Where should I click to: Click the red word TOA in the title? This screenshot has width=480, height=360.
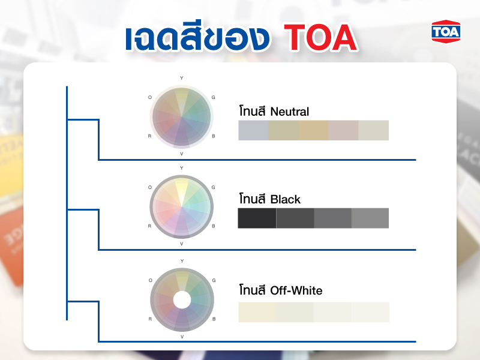pyautogui.click(x=321, y=38)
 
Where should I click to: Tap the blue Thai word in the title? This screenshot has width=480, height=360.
pyautogui.click(x=196, y=38)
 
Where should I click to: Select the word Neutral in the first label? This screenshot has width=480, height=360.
pyautogui.click(x=290, y=112)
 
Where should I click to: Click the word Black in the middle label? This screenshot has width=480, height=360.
pyautogui.click(x=286, y=199)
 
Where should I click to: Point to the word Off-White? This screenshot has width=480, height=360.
pyautogui.click(x=296, y=290)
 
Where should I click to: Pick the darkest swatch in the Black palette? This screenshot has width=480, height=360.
pyautogui.click(x=257, y=218)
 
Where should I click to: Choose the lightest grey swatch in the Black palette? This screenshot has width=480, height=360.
pyautogui.click(x=370, y=218)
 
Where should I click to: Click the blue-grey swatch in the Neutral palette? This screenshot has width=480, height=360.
pyautogui.click(x=253, y=130)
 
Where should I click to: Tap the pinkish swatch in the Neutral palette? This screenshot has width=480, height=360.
pyautogui.click(x=343, y=130)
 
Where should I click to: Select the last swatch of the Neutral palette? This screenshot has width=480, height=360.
pyautogui.click(x=373, y=130)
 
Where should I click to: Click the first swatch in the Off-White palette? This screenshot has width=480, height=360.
pyautogui.click(x=257, y=312)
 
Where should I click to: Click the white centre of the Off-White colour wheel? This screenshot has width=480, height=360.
pyautogui.click(x=181, y=299)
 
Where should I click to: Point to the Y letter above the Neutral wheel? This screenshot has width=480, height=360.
pyautogui.click(x=182, y=78)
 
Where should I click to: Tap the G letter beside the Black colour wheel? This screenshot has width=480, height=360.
pyautogui.click(x=214, y=187)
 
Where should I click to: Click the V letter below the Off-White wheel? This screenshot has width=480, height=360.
pyautogui.click(x=182, y=337)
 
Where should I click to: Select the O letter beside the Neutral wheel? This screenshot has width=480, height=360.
pyautogui.click(x=150, y=97)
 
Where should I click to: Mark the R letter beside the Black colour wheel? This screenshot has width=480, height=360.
pyautogui.click(x=149, y=226)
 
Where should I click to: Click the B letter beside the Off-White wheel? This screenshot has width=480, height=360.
pyautogui.click(x=214, y=317)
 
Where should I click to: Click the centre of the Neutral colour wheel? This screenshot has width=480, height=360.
pyautogui.click(x=181, y=116)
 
